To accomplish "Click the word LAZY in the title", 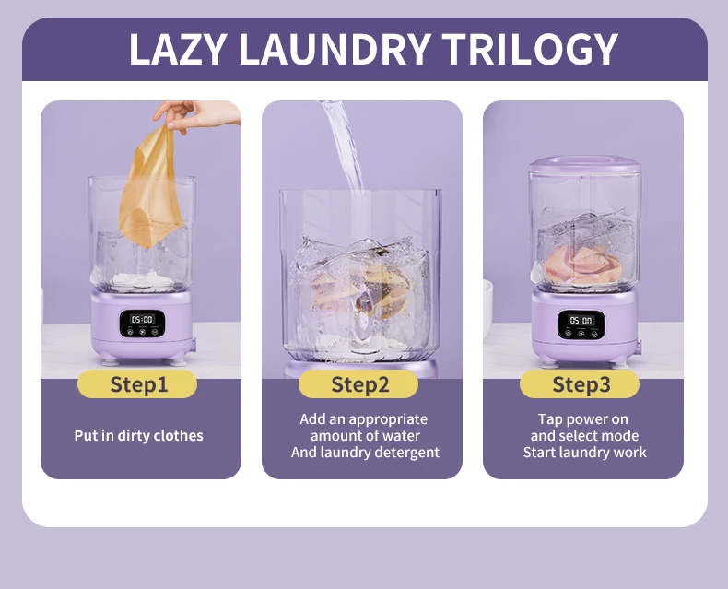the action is pos(177,49).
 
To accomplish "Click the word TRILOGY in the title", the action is pos(530,49).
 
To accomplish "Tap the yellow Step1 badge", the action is pos(137,384).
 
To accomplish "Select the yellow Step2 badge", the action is pos(358,384).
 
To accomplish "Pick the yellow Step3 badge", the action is pos(580,384).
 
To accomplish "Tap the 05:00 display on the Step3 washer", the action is pos(581,321).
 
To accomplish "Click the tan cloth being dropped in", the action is pos(149,187).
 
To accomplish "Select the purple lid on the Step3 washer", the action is pos(585,164).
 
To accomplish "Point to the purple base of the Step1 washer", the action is pos(142,326).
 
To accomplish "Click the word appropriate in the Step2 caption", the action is pos(388,420).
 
